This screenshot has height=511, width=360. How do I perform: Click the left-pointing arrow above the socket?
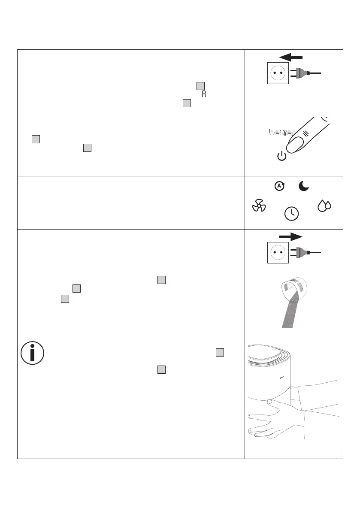point(290,57)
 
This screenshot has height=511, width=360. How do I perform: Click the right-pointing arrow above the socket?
point(290,236)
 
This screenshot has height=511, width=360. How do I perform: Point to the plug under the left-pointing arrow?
point(300,73)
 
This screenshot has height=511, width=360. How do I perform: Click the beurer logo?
point(281,133)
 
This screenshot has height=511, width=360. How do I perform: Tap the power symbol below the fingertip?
point(281,156)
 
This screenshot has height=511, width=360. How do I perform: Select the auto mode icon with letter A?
point(279,186)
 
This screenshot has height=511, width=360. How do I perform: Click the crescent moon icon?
point(304,186)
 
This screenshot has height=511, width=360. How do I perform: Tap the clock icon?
point(292,213)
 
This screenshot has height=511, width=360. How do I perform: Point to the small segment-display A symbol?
point(204,94)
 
